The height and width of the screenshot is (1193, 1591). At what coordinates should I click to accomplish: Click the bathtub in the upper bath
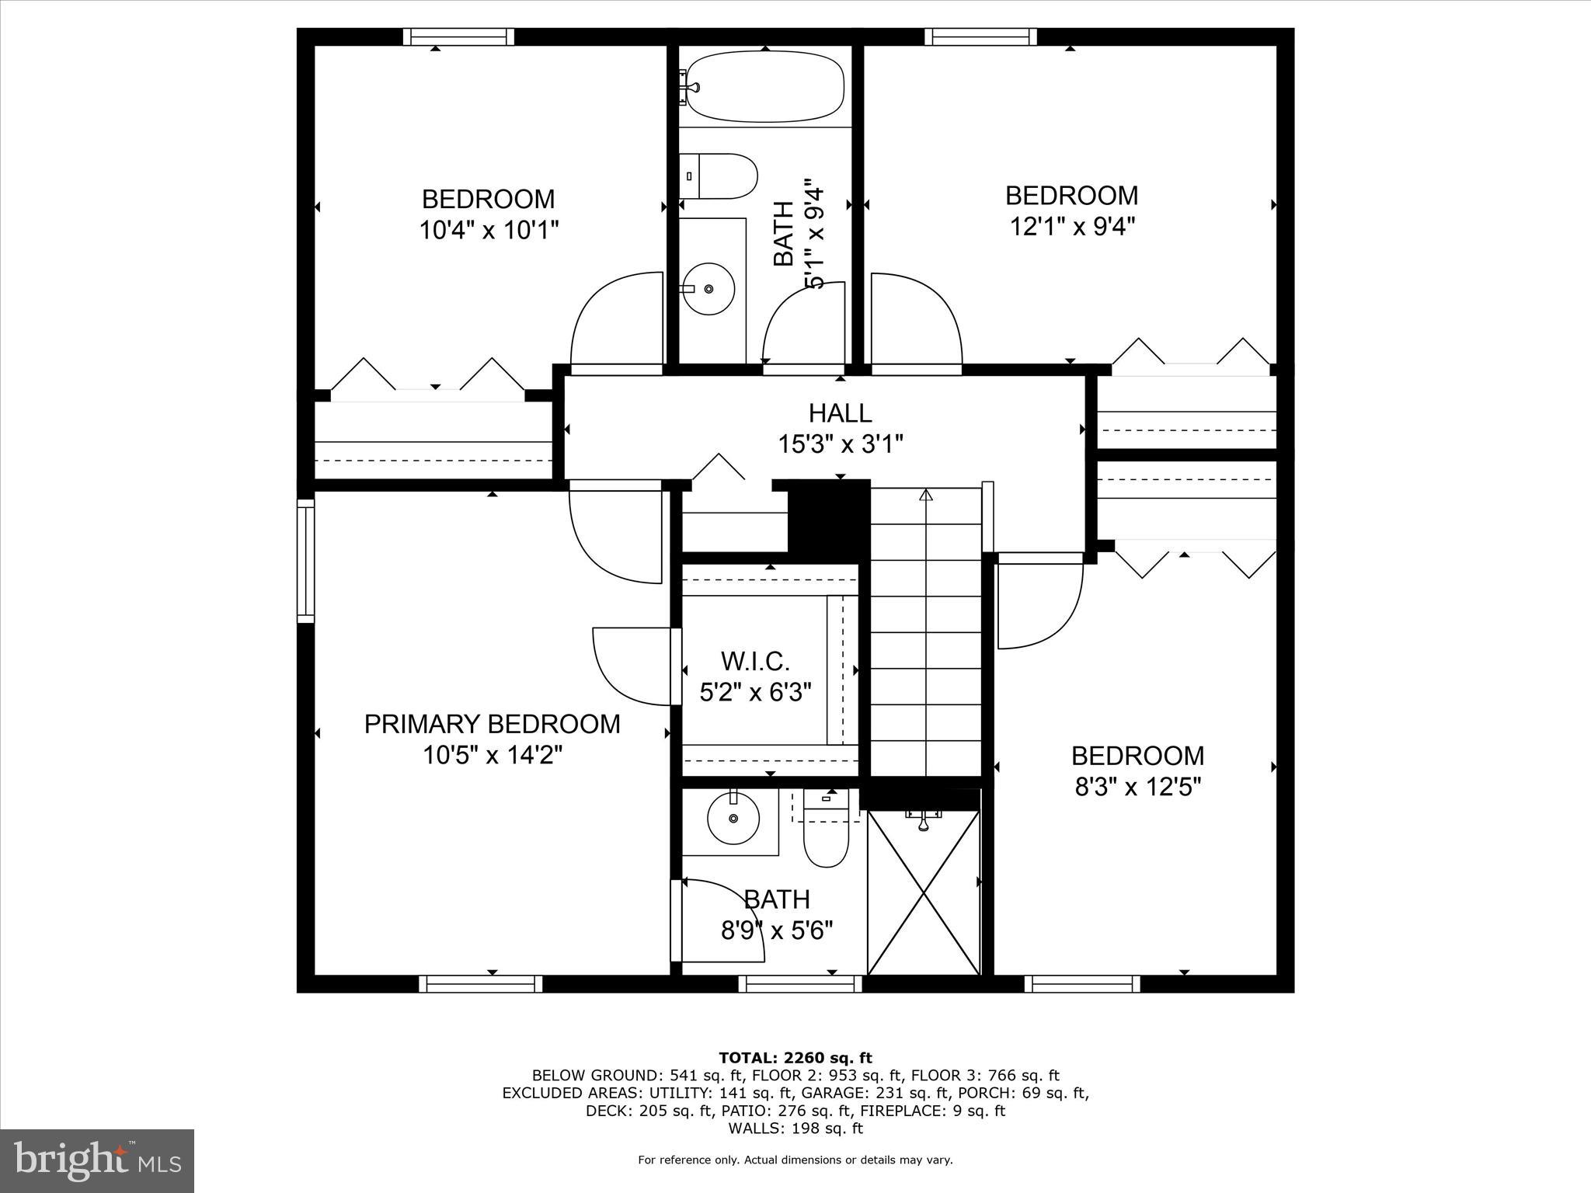click(x=765, y=86)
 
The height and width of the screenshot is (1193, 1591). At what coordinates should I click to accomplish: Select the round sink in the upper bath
click(x=708, y=288)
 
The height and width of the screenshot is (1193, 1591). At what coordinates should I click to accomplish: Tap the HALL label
click(x=840, y=412)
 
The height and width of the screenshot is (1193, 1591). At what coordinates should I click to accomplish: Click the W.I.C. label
click(x=755, y=662)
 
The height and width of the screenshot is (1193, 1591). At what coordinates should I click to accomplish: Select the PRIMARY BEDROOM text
click(x=492, y=724)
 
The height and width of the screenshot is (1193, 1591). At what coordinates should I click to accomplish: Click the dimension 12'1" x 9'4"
click(x=1072, y=227)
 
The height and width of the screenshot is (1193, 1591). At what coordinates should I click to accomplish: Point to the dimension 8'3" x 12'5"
click(x=1138, y=788)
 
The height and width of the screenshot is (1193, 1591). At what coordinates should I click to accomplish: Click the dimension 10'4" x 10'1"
click(x=489, y=231)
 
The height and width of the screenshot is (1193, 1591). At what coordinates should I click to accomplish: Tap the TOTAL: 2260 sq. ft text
click(x=795, y=1058)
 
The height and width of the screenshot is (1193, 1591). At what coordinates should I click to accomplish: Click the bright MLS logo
click(x=97, y=1160)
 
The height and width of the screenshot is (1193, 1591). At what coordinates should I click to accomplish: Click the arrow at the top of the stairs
click(x=925, y=495)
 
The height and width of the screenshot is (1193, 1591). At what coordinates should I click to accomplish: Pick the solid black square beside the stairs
click(x=828, y=518)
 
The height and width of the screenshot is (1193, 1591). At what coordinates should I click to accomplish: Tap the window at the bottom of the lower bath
click(x=800, y=984)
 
